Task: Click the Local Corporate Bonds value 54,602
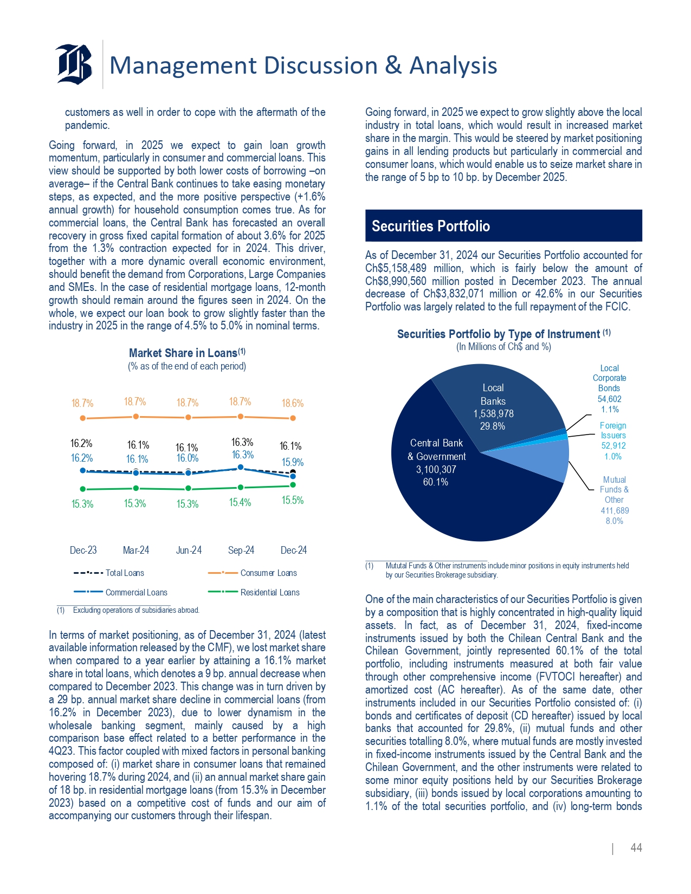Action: tap(609, 399)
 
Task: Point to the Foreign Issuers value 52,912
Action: tap(613, 446)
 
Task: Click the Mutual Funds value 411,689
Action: tap(615, 510)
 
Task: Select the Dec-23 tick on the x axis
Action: tap(83, 550)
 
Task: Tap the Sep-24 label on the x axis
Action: tap(241, 550)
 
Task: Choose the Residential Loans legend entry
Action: tap(270, 592)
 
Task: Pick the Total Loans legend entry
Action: tap(125, 573)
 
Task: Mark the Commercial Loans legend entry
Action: tap(136, 592)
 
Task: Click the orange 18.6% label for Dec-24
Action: tap(293, 403)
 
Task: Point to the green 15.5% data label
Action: tap(293, 500)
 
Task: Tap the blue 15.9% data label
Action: tap(293, 462)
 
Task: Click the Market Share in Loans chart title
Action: tap(187, 353)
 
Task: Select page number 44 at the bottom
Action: tap(636, 848)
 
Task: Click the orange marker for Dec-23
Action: tap(82, 418)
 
